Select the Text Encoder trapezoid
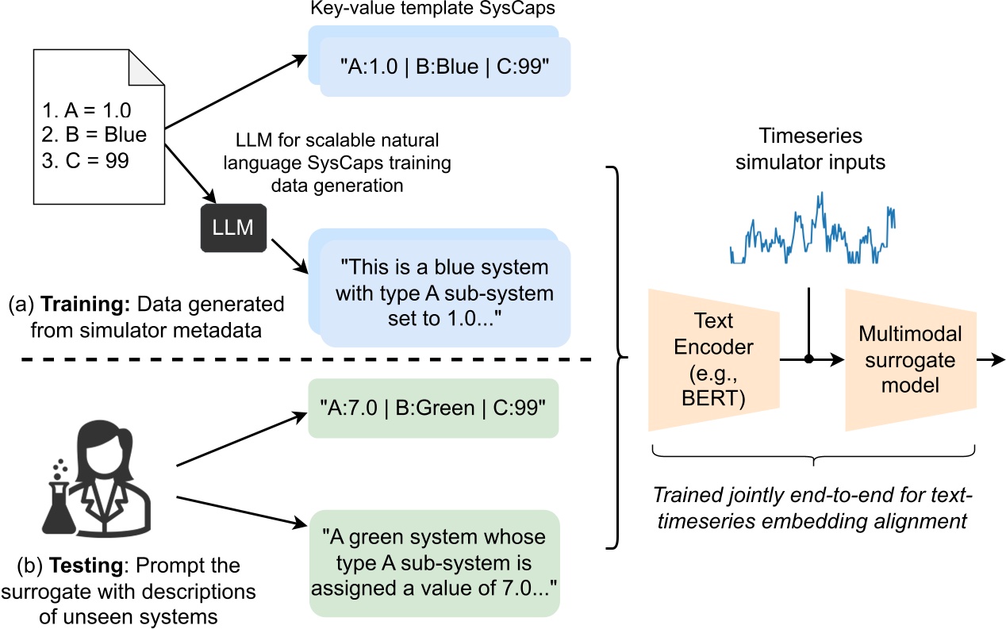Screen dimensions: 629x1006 click(712, 360)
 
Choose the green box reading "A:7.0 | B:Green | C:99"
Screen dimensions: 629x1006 click(433, 408)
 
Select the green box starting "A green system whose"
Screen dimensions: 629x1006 click(433, 562)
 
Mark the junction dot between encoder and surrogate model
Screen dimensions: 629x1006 click(808, 360)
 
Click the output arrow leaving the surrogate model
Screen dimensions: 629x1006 click(992, 360)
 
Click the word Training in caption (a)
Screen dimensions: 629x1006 click(76, 305)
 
